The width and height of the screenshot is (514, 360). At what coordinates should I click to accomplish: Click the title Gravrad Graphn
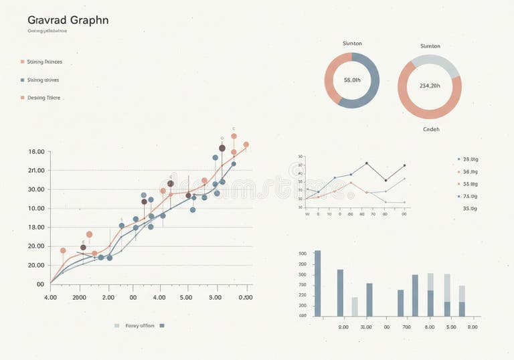click(68, 20)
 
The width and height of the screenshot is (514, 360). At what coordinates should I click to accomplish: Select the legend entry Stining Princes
click(44, 62)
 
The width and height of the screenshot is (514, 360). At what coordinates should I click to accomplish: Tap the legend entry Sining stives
click(43, 80)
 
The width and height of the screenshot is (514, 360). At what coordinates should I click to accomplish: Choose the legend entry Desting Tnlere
click(44, 98)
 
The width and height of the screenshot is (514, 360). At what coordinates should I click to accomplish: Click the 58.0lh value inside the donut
click(352, 80)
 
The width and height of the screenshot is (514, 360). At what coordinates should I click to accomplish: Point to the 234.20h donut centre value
click(430, 86)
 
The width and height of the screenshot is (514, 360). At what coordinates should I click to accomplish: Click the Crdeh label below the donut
click(431, 129)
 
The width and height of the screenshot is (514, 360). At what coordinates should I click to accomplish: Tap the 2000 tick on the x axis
click(79, 297)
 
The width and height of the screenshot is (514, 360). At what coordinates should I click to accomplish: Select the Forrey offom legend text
click(140, 326)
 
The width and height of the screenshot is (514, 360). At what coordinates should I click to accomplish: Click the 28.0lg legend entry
click(470, 159)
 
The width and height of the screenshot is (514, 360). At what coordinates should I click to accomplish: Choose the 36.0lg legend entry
click(470, 171)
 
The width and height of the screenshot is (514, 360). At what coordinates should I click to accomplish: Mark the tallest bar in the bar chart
click(318, 283)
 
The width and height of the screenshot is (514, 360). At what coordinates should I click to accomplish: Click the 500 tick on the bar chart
click(302, 254)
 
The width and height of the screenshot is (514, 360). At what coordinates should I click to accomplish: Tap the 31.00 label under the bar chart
click(366, 327)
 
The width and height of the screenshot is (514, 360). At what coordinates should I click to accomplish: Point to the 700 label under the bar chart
click(406, 327)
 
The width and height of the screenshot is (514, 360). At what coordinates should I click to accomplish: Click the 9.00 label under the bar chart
click(473, 327)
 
